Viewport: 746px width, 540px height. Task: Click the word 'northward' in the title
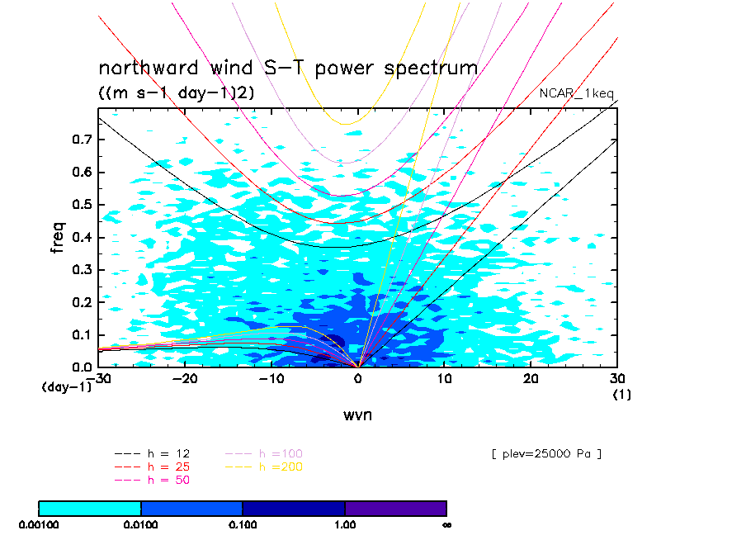pyautogui.click(x=148, y=68)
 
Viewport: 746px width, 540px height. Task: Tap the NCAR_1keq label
pyautogui.click(x=576, y=93)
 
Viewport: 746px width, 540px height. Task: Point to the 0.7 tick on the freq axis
pyautogui.click(x=82, y=140)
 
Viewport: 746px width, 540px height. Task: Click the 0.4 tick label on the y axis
pyautogui.click(x=82, y=237)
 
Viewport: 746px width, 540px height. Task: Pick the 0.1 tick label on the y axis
pyautogui.click(x=82, y=334)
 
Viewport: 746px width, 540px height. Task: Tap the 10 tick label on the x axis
pyautogui.click(x=444, y=378)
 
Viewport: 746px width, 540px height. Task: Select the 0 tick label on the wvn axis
pyautogui.click(x=358, y=378)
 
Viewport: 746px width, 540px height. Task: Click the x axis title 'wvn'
pyautogui.click(x=358, y=414)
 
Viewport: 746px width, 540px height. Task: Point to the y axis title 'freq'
pyautogui.click(x=57, y=237)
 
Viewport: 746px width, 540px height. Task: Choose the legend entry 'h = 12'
pyautogui.click(x=152, y=453)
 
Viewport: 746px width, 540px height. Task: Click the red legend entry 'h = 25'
pyautogui.click(x=152, y=467)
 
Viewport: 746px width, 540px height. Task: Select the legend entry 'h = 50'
pyautogui.click(x=152, y=480)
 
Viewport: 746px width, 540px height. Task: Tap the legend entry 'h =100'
pyautogui.click(x=264, y=453)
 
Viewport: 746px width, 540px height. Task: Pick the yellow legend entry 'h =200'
pyautogui.click(x=264, y=467)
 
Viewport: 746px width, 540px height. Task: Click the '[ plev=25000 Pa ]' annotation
pyautogui.click(x=546, y=454)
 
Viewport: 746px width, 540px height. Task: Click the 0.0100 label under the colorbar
pyautogui.click(x=141, y=525)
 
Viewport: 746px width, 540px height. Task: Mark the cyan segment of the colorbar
pyautogui.click(x=90, y=509)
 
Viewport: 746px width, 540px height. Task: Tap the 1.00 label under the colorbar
pyautogui.click(x=345, y=525)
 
